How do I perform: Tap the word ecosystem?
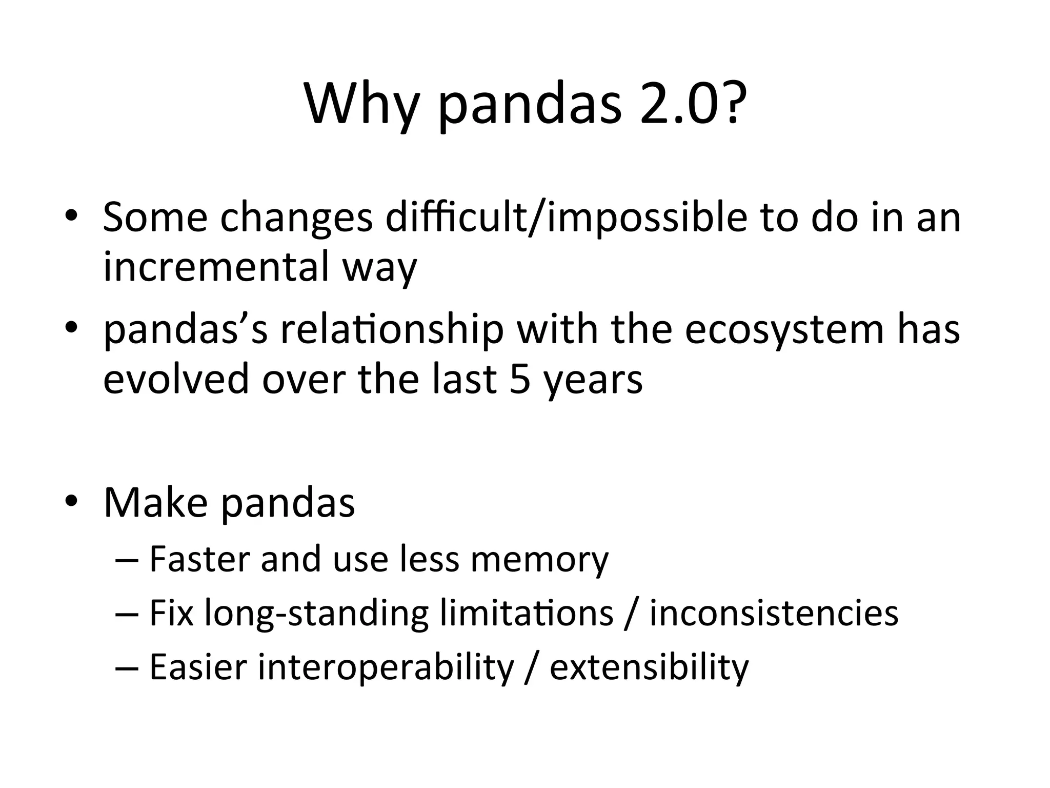[784, 331]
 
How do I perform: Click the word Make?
[155, 503]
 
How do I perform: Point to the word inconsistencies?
[774, 613]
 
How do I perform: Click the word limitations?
[527, 613]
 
